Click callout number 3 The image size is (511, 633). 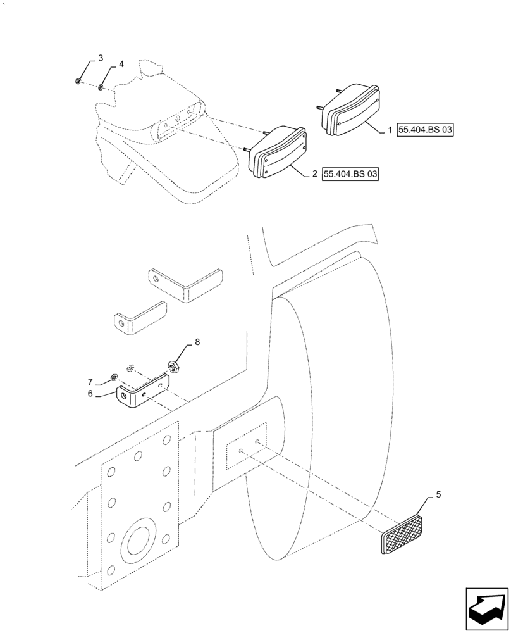[x=100, y=58]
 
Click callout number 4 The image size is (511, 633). [x=121, y=64]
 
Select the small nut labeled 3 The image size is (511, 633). [x=77, y=80]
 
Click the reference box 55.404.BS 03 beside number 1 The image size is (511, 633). [x=426, y=130]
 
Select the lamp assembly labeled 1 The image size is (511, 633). [x=349, y=113]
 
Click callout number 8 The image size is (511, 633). [x=197, y=342]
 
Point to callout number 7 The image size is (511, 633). [x=90, y=382]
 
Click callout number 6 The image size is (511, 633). [x=90, y=393]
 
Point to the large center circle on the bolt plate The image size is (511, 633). [x=139, y=542]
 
